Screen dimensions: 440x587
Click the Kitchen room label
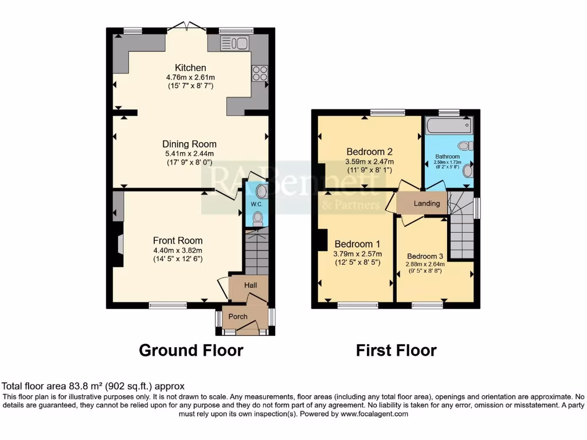click(190, 68)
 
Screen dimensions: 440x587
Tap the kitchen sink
click(233, 42)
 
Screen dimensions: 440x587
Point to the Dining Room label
click(189, 144)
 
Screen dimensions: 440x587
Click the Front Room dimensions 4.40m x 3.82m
click(177, 250)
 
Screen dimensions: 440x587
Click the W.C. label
click(255, 204)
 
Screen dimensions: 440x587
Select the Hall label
click(251, 285)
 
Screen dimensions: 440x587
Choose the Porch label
click(238, 316)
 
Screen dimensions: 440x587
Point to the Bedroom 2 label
click(369, 152)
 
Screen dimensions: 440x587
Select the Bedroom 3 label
click(425, 256)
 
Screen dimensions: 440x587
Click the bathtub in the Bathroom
click(449, 124)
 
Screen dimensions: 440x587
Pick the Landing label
click(426, 203)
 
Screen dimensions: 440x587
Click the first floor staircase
click(461, 232)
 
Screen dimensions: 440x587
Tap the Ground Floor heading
click(191, 350)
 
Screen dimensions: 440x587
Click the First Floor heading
click(396, 350)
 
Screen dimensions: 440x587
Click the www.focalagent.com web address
click(374, 414)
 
